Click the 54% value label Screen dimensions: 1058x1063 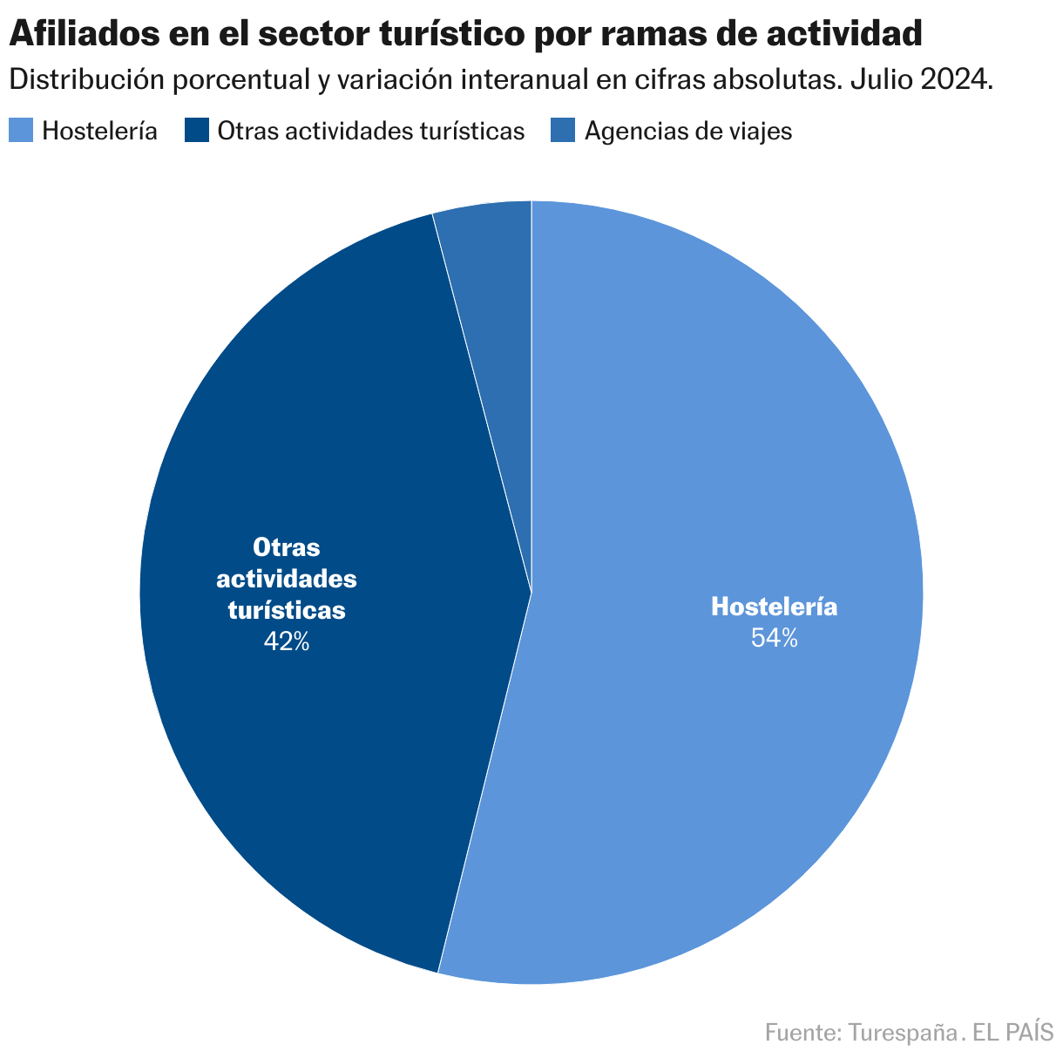774,639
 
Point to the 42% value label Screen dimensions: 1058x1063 287,642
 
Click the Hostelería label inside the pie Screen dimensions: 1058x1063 774,607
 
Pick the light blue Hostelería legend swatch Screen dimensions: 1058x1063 21,131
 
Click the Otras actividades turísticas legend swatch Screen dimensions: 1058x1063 198,131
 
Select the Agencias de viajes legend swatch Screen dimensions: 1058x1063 563,131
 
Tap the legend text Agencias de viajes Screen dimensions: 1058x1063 688,131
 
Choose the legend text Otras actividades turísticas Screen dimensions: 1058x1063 371,131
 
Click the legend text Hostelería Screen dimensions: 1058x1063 100,131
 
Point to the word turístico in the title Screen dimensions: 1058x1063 452,35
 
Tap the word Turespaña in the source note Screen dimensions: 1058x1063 902,1033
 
